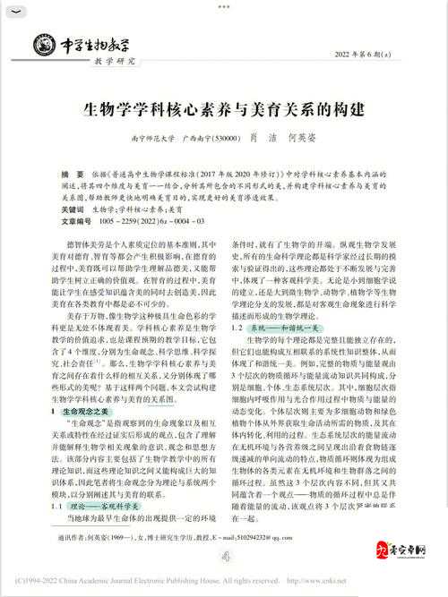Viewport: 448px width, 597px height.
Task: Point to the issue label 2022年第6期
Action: click(x=367, y=55)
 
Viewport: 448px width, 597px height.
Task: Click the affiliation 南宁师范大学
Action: click(x=151, y=139)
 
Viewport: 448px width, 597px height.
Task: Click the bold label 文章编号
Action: click(x=78, y=217)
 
